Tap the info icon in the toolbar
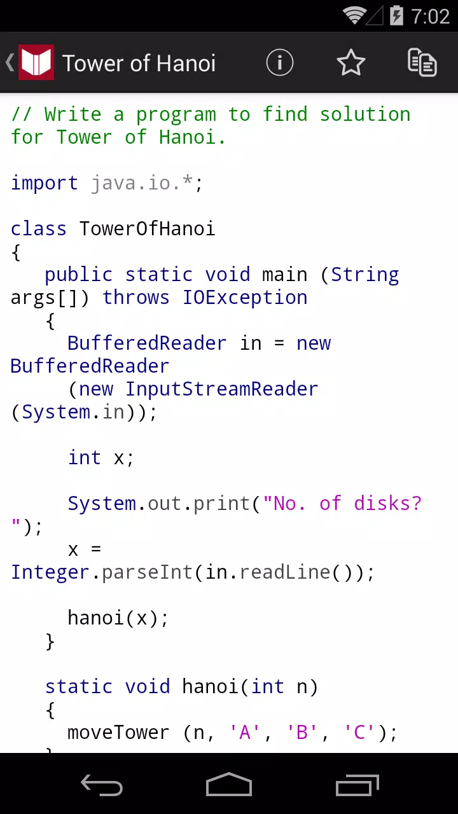pos(279,62)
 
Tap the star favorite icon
pos(350,62)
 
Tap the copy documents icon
pos(422,62)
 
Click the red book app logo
pos(36,62)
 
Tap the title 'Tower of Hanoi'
pos(139,63)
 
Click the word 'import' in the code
pos(45,183)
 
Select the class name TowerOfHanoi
pos(147,228)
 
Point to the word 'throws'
pos(136,297)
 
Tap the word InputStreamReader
pos(222,389)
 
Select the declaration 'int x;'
pos(101,457)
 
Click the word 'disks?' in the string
pos(387,503)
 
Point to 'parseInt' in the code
pos(147,572)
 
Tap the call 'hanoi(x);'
pos(118,618)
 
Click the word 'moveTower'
pos(118,732)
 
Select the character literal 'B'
pos(302,732)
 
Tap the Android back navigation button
pos(102,785)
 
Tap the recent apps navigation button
pos(357,785)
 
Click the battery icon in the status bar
pos(396,16)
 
